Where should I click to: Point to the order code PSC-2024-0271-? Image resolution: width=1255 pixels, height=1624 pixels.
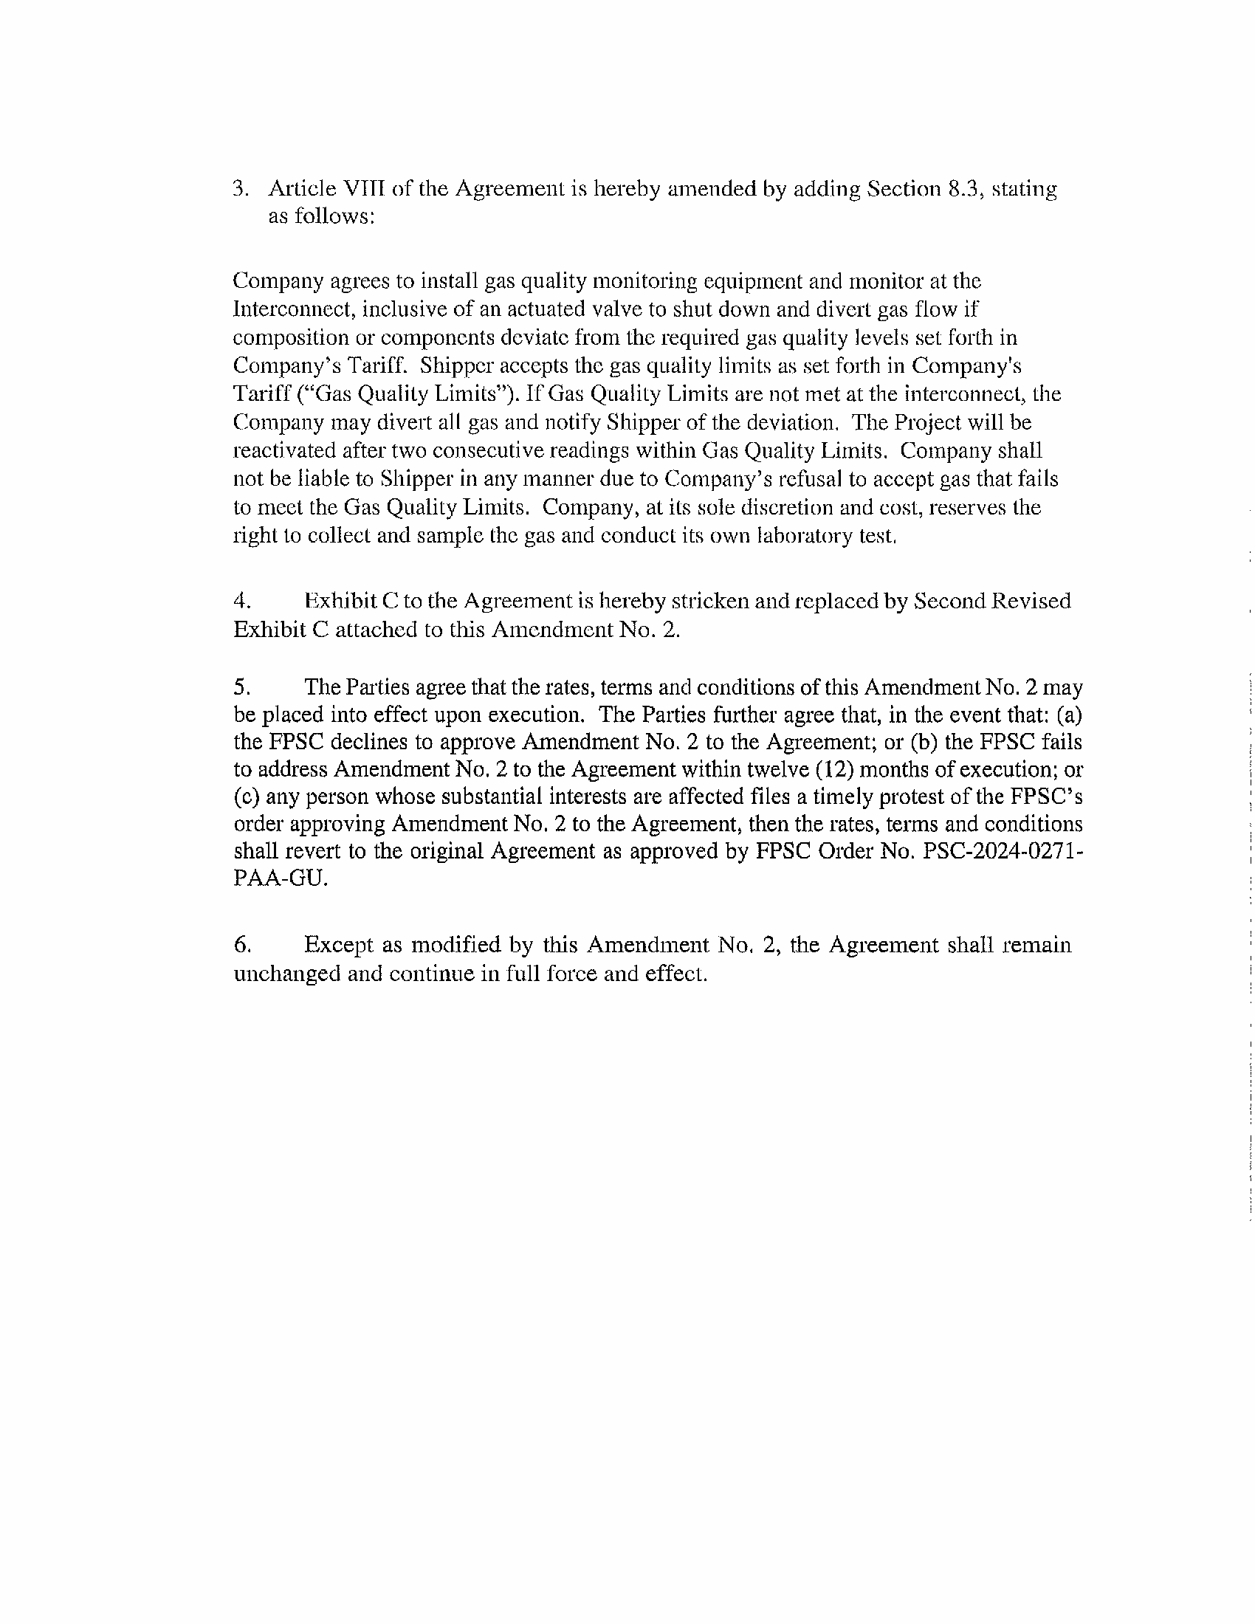(1003, 851)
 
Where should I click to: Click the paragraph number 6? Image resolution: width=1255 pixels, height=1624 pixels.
(241, 945)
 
